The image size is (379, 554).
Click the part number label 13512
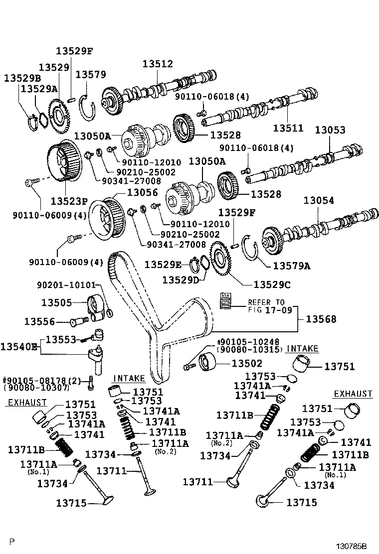[158, 64]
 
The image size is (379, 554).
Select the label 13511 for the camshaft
[288, 128]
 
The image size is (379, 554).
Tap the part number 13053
[330, 130]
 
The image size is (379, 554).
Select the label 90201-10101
[66, 285]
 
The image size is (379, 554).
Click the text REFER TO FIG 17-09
[266, 305]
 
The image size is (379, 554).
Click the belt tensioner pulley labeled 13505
[96, 305]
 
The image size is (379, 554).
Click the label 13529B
[22, 78]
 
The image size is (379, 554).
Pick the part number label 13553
[61, 339]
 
